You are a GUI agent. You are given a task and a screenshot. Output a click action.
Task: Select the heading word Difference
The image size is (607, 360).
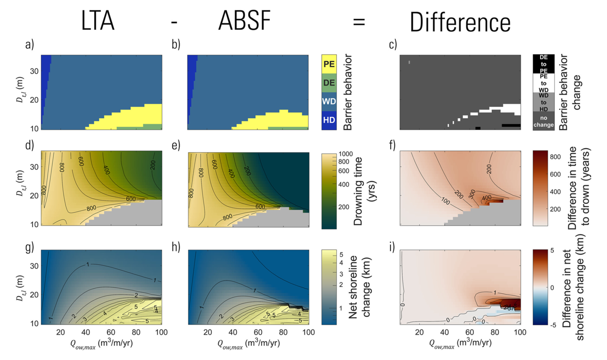(460, 21)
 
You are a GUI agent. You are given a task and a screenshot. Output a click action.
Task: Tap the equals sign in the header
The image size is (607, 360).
(359, 21)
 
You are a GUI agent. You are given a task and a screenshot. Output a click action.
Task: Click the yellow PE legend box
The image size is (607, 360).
(329, 64)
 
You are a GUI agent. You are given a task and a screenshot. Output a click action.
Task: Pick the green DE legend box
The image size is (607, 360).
(329, 83)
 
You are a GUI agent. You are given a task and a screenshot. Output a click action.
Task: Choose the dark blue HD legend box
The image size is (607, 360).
(329, 120)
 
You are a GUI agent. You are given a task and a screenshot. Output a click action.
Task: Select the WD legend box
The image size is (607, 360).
(329, 102)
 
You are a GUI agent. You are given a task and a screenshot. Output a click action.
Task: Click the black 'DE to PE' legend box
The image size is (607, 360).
(543, 64)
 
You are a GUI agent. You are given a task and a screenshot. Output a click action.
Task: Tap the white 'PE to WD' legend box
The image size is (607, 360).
(543, 83)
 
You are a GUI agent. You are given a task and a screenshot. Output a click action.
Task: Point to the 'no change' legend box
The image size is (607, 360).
(543, 121)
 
